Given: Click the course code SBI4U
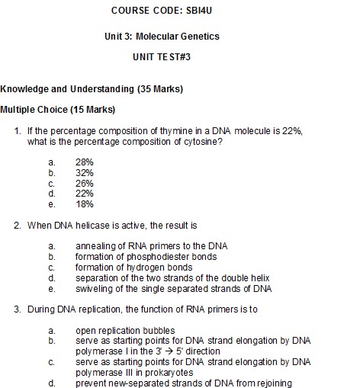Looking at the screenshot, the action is (207, 11).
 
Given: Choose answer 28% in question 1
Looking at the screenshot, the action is (85, 162).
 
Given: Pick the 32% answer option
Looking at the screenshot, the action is (85, 173).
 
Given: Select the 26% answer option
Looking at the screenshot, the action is (85, 184).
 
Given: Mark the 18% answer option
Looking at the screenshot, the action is (85, 204).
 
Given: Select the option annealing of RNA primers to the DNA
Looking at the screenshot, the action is (151, 246).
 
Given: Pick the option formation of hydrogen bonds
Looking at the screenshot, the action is (126, 268).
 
